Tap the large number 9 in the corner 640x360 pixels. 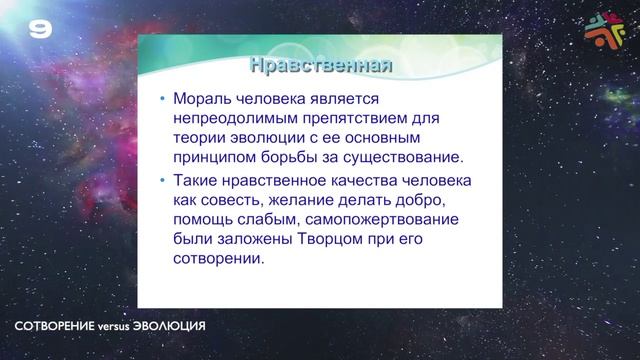(40, 30)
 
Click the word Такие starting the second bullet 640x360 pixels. (196, 181)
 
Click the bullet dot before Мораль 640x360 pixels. (161, 100)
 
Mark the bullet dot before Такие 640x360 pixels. (161, 181)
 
